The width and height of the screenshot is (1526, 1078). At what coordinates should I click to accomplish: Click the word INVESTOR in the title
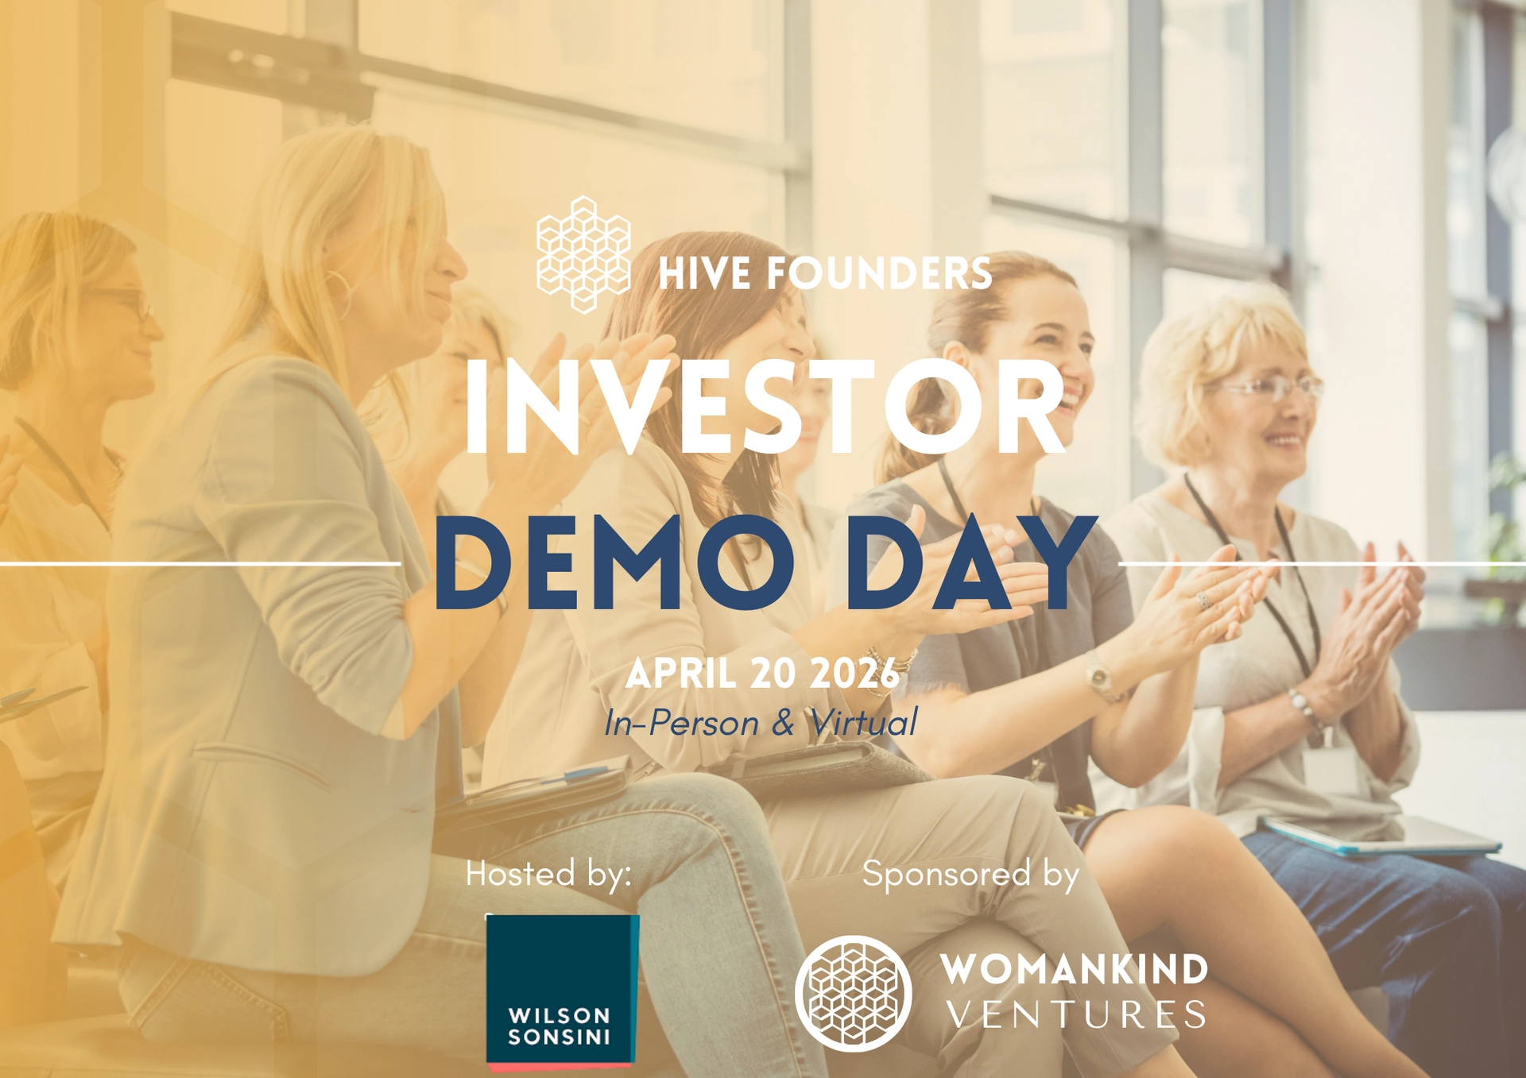pos(765,408)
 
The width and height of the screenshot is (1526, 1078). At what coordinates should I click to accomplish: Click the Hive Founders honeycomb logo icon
pos(584,254)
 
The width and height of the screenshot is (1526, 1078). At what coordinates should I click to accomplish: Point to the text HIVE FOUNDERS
pos(825,274)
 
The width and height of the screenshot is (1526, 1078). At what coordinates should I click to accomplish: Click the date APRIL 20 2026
pos(762,674)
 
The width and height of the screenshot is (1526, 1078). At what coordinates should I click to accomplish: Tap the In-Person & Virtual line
pos(761,723)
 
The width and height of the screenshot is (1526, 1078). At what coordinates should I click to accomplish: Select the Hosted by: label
pos(548,874)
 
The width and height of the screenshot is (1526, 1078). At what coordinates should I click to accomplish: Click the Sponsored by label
pos(970,874)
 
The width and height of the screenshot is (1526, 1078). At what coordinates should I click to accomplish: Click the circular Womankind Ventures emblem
pos(854,993)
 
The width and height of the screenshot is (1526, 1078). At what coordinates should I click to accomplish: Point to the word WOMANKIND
pos(1075,970)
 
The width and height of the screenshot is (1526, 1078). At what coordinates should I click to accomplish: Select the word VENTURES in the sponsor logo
pos(1076,1015)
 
